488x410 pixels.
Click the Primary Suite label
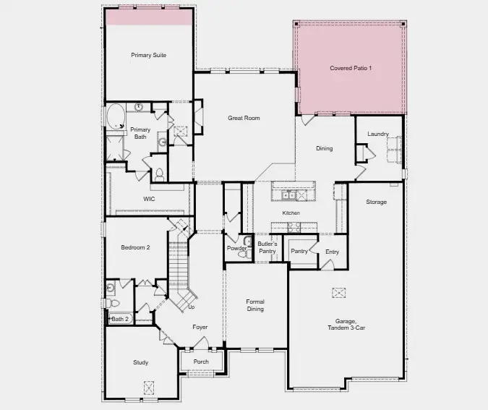coord(148,55)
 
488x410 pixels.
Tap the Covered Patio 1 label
coord(351,68)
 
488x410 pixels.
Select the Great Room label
coord(244,118)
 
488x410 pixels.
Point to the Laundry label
coord(377,134)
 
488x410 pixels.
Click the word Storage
coord(376,202)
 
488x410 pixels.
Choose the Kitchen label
coord(291,213)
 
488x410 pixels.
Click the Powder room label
coord(237,249)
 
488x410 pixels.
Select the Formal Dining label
coord(255,305)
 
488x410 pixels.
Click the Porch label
coord(201,362)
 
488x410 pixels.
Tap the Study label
coord(140,362)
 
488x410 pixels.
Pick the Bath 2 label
coord(120,319)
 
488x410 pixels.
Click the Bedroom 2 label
coord(135,247)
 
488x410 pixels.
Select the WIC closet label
coord(149,198)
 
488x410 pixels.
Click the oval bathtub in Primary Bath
coord(116,116)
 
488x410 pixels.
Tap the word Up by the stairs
coord(192,307)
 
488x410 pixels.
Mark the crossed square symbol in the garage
coord(338,292)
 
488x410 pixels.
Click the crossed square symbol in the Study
coord(149,386)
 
